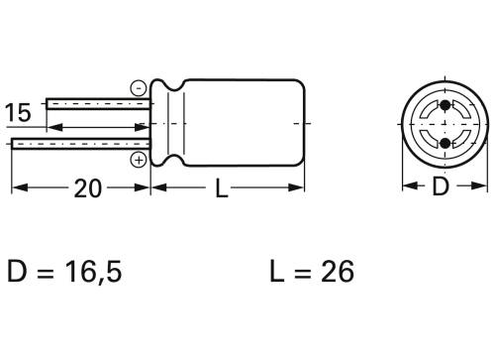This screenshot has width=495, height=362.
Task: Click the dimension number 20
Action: point(88,188)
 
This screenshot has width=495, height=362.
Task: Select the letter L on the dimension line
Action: point(222,189)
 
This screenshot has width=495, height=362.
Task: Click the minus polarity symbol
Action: point(138,87)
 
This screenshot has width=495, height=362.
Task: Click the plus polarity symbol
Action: point(139,158)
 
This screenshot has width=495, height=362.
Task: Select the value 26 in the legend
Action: point(338,271)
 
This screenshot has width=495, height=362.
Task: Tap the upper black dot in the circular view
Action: point(445,106)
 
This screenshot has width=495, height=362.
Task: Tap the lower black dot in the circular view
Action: point(445,144)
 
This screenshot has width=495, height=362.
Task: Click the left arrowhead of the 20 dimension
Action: point(16,188)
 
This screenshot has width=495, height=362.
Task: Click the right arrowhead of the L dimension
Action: point(299,188)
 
